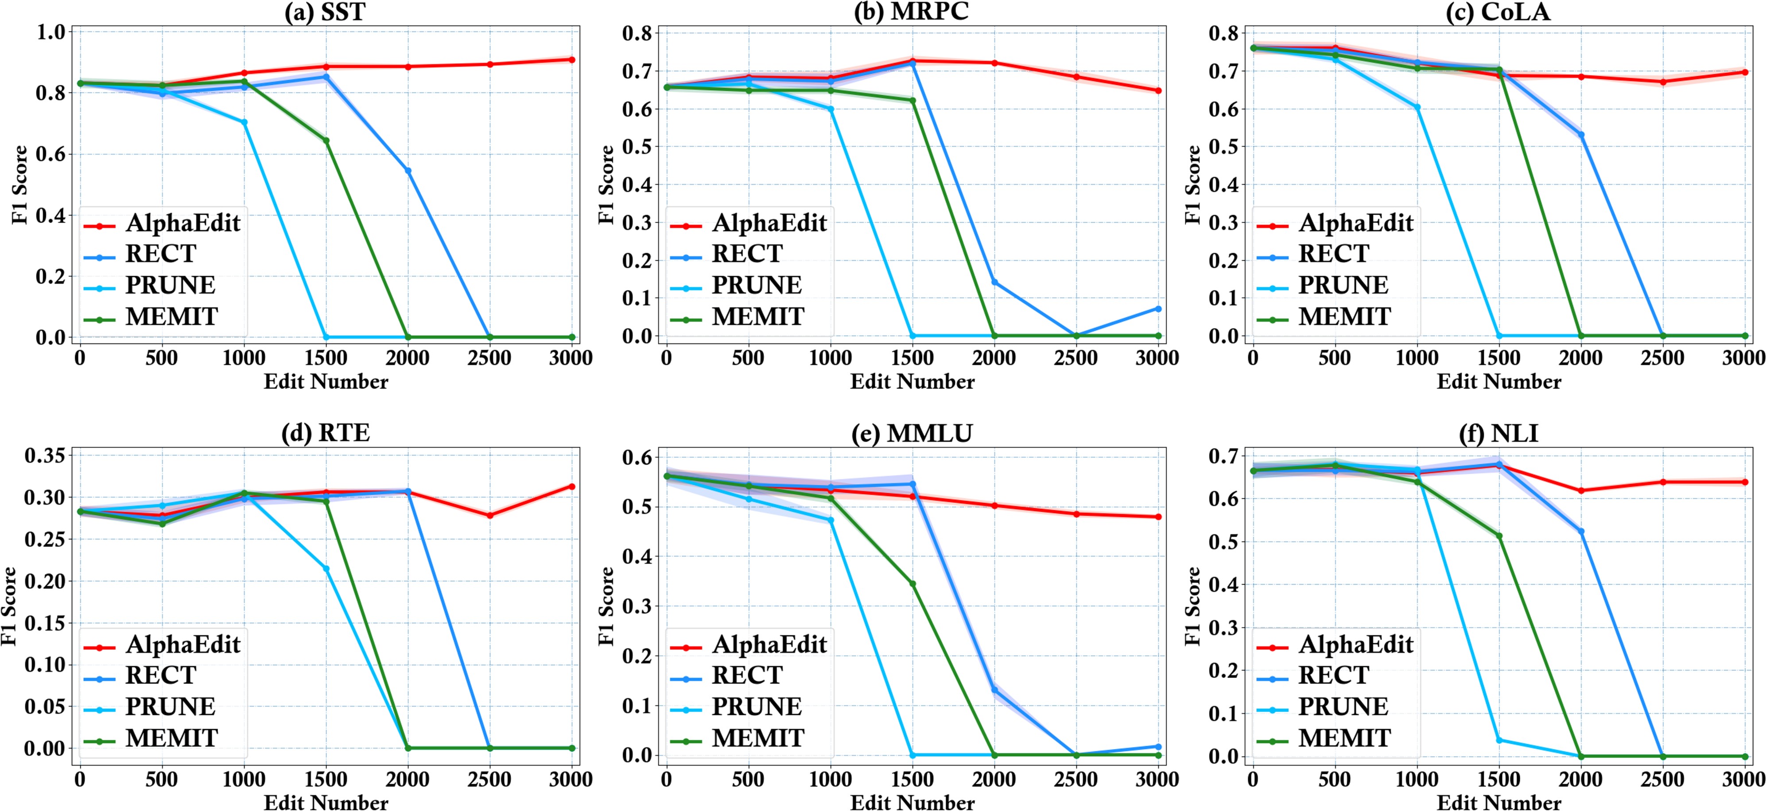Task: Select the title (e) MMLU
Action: tap(912, 433)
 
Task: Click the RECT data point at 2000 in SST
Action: tap(408, 171)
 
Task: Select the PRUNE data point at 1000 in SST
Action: tap(244, 122)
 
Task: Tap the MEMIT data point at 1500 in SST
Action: tap(326, 140)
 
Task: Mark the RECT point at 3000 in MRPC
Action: tap(1158, 309)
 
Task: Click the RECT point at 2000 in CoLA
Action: tap(1581, 135)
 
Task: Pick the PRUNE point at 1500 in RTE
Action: tap(326, 568)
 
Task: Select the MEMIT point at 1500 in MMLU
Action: tap(912, 584)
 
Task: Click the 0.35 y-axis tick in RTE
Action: tap(44, 455)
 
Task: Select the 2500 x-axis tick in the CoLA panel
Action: tap(1662, 357)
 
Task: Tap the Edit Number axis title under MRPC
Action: tap(912, 382)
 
